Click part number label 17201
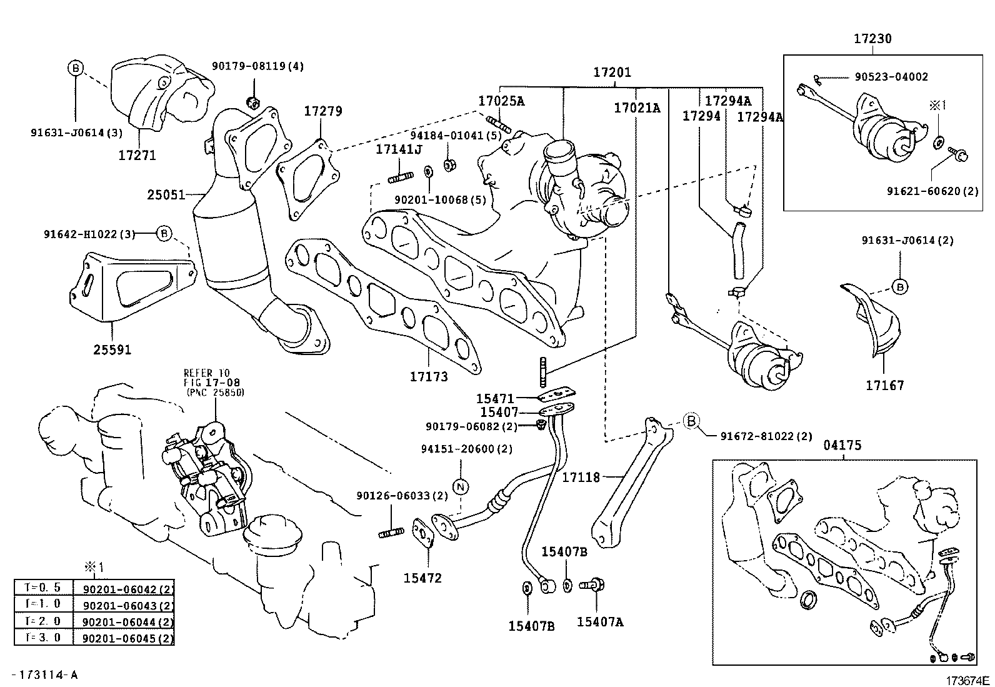[x=612, y=73]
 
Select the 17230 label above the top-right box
[x=872, y=39]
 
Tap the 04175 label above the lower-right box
[x=842, y=445]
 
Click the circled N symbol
[x=460, y=486]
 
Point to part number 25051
[x=166, y=194]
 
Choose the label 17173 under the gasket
[x=429, y=376]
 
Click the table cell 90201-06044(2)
[x=124, y=622]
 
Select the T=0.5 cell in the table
[x=43, y=588]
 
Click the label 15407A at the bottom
[x=600, y=622]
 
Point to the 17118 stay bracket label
[x=581, y=478]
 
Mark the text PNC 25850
[x=216, y=392]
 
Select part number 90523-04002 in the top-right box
[x=891, y=77]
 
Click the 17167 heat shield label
[x=884, y=386]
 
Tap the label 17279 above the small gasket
[x=323, y=111]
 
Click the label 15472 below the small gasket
[x=422, y=578]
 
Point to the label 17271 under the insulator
[x=137, y=154]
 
